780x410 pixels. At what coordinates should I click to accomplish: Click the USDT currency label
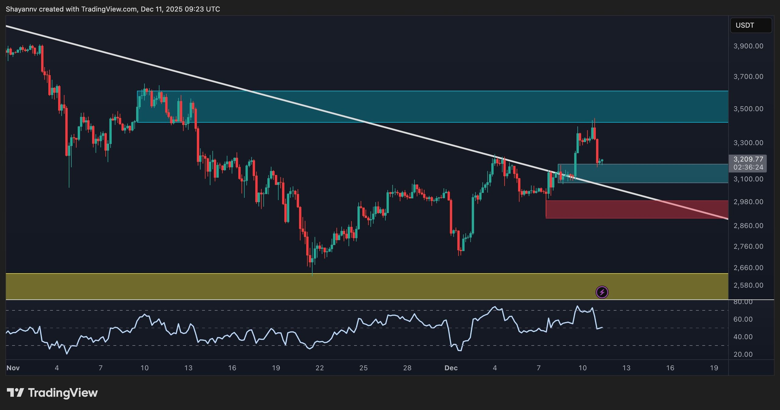[x=745, y=25]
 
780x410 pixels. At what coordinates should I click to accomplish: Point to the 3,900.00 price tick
[x=748, y=46]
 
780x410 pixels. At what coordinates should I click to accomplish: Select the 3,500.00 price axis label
[x=748, y=109]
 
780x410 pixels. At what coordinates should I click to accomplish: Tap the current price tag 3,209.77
[x=748, y=159]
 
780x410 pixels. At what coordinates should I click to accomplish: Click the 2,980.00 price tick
[x=748, y=202]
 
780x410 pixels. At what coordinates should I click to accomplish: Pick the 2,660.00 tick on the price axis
[x=748, y=268]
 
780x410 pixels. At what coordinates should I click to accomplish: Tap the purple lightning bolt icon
[x=602, y=292]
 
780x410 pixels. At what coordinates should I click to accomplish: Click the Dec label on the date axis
[x=451, y=368]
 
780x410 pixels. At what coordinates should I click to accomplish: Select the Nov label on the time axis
[x=13, y=368]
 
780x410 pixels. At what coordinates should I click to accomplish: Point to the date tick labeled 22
[x=320, y=368]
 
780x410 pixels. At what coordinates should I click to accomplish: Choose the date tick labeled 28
[x=407, y=368]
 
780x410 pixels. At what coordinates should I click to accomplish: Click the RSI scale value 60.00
[x=743, y=319]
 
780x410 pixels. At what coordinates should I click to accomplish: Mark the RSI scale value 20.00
[x=743, y=354]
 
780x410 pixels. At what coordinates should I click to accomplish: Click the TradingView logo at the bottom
[x=52, y=393]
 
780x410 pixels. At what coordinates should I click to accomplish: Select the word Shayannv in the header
[x=21, y=9]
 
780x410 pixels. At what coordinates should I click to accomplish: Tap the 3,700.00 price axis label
[x=748, y=77]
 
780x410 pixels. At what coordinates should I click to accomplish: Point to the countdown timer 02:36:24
[x=748, y=167]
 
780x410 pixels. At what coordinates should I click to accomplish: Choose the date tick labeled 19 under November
[x=276, y=368]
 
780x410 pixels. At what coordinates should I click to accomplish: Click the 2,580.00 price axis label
[x=748, y=285]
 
